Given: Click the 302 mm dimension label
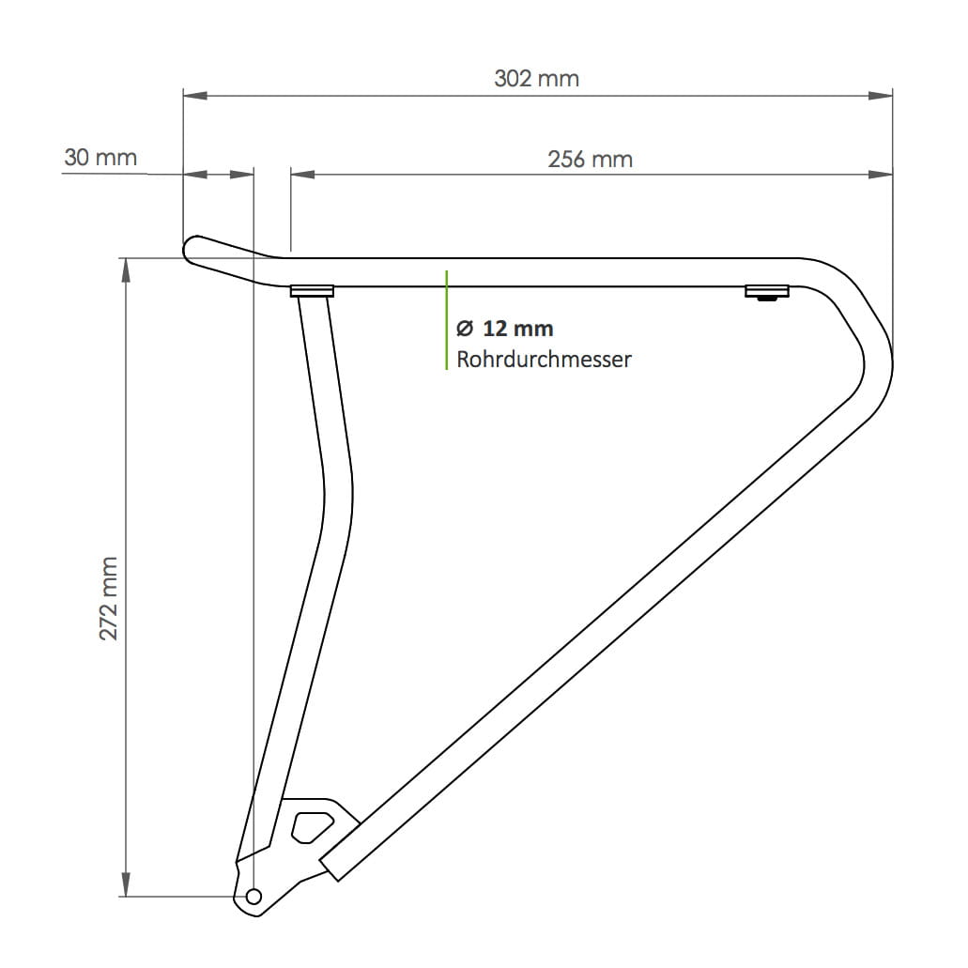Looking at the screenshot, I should [x=536, y=78].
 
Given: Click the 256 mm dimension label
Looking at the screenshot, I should [x=590, y=160].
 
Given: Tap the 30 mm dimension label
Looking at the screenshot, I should [x=100, y=157].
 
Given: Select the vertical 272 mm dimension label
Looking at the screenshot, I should [x=110, y=598].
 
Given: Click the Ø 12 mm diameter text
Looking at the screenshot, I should [x=504, y=329].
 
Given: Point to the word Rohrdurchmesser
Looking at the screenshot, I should [x=544, y=359].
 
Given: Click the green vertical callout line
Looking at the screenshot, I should [x=447, y=319].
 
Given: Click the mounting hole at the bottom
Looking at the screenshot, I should [x=253, y=897].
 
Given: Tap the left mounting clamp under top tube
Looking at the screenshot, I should [x=312, y=291].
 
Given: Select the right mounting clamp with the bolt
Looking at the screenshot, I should [x=767, y=293].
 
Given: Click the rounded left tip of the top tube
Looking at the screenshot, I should [x=190, y=248].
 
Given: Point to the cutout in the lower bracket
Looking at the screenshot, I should [x=311, y=825].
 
